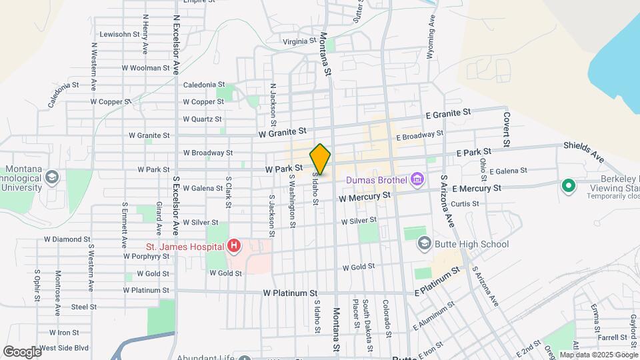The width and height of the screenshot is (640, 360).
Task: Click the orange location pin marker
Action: coord(320,159)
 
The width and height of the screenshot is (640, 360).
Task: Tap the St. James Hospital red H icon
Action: coord(233,247)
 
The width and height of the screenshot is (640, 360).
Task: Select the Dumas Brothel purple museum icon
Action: coord(417,179)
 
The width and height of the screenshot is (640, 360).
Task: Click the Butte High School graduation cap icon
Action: coord(424,244)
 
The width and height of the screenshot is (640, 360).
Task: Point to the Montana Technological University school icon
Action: coord(52,177)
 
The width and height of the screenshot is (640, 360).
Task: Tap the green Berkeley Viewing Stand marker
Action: coord(568,185)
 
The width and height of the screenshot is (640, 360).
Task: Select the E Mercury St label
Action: coord(476,189)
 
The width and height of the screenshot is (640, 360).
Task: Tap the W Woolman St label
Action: coord(145,68)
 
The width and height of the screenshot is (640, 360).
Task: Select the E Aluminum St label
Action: coord(433,315)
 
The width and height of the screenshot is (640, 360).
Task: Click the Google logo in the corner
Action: coord(22,351)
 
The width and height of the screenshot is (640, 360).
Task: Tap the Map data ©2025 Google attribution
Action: coord(599,355)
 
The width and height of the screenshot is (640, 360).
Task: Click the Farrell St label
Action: coord(601,337)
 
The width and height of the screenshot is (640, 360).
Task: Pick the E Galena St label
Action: coord(508,171)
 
